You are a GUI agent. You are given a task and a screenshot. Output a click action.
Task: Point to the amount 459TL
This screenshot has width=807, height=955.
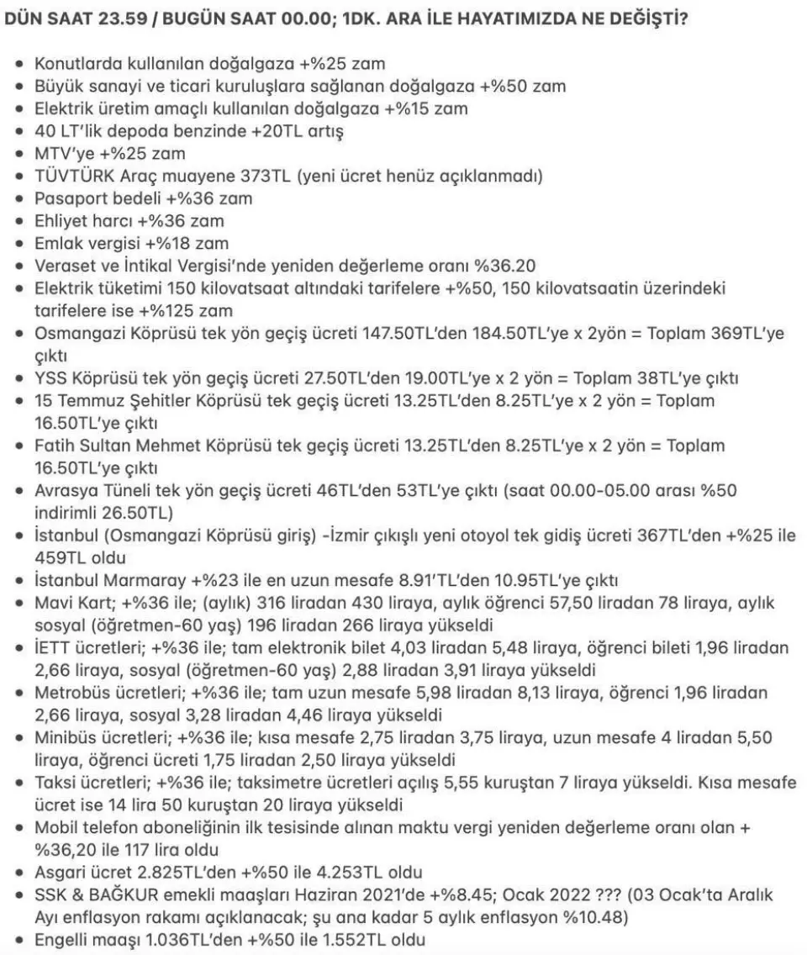[60, 557]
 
